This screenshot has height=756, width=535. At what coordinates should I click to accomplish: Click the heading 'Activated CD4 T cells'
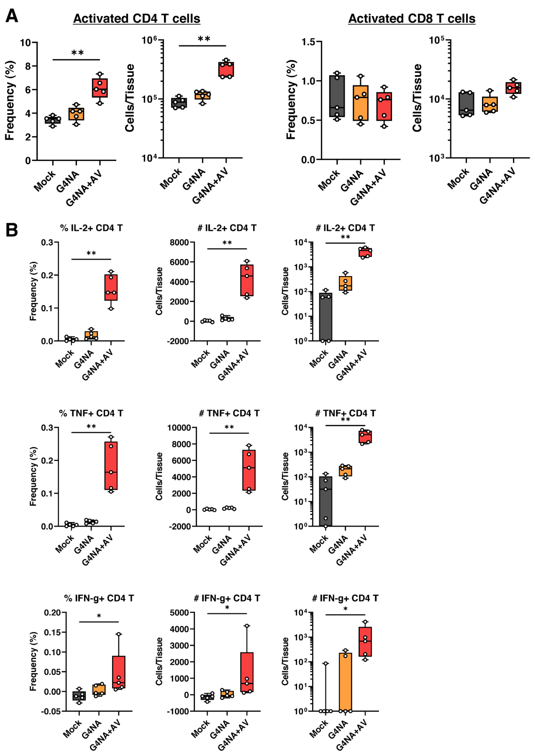(137, 18)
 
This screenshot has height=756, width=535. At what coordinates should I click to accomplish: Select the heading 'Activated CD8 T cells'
(412, 18)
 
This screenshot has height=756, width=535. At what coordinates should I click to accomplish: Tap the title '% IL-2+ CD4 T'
(91, 228)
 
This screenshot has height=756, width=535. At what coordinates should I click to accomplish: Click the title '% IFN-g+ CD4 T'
(99, 598)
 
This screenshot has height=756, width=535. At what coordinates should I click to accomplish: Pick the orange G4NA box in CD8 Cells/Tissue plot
(490, 104)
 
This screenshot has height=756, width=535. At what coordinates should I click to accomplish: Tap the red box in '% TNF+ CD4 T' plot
(111, 466)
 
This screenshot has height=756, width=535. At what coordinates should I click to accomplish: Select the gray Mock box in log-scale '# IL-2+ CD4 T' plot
(325, 316)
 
